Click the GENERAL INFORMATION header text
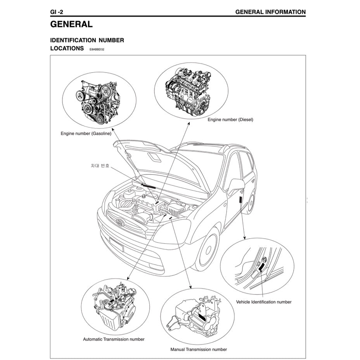(270, 12)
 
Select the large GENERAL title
(71, 24)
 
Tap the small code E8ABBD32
(97, 50)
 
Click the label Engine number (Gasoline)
(86, 133)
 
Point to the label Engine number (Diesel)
(230, 119)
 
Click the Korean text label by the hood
(100, 166)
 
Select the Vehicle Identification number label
(263, 302)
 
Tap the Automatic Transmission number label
(114, 339)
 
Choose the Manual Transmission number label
(199, 349)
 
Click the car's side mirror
(235, 186)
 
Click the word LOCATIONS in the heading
(67, 48)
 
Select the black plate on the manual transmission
(202, 317)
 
